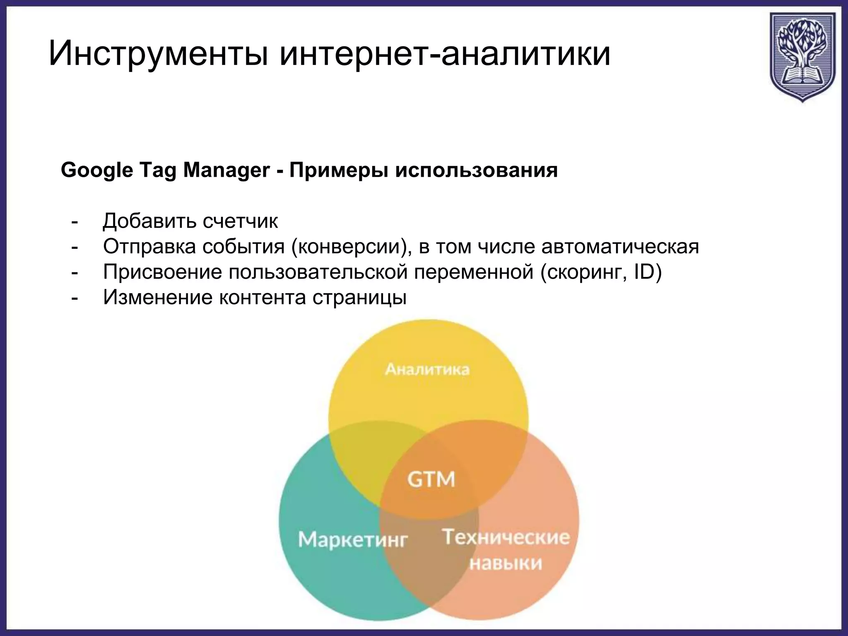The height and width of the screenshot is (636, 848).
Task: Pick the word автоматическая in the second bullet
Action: point(620,247)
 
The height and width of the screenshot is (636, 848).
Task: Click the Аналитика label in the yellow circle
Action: point(427,369)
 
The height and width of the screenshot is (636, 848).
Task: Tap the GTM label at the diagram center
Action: point(431,479)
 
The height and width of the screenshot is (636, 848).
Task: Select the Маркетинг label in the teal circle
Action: point(353,540)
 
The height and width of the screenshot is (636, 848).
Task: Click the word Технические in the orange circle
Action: point(506,537)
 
